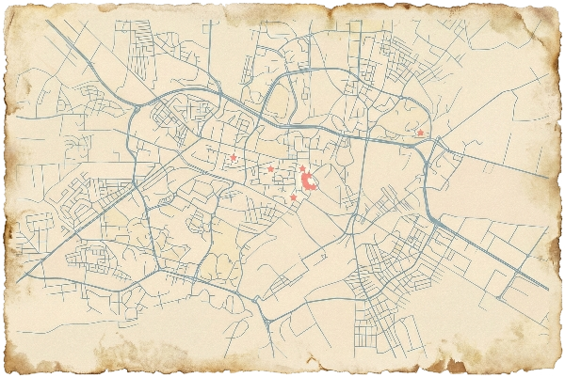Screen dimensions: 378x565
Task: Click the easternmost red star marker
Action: click(420, 134)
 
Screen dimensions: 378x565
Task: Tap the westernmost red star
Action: click(233, 157)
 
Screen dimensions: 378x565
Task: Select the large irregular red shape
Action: click(307, 180)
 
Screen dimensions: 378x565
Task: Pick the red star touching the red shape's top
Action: click(301, 168)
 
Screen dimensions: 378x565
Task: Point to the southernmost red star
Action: click(294, 197)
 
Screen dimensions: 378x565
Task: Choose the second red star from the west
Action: click(270, 169)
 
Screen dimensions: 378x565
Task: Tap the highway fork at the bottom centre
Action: click(267, 320)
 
